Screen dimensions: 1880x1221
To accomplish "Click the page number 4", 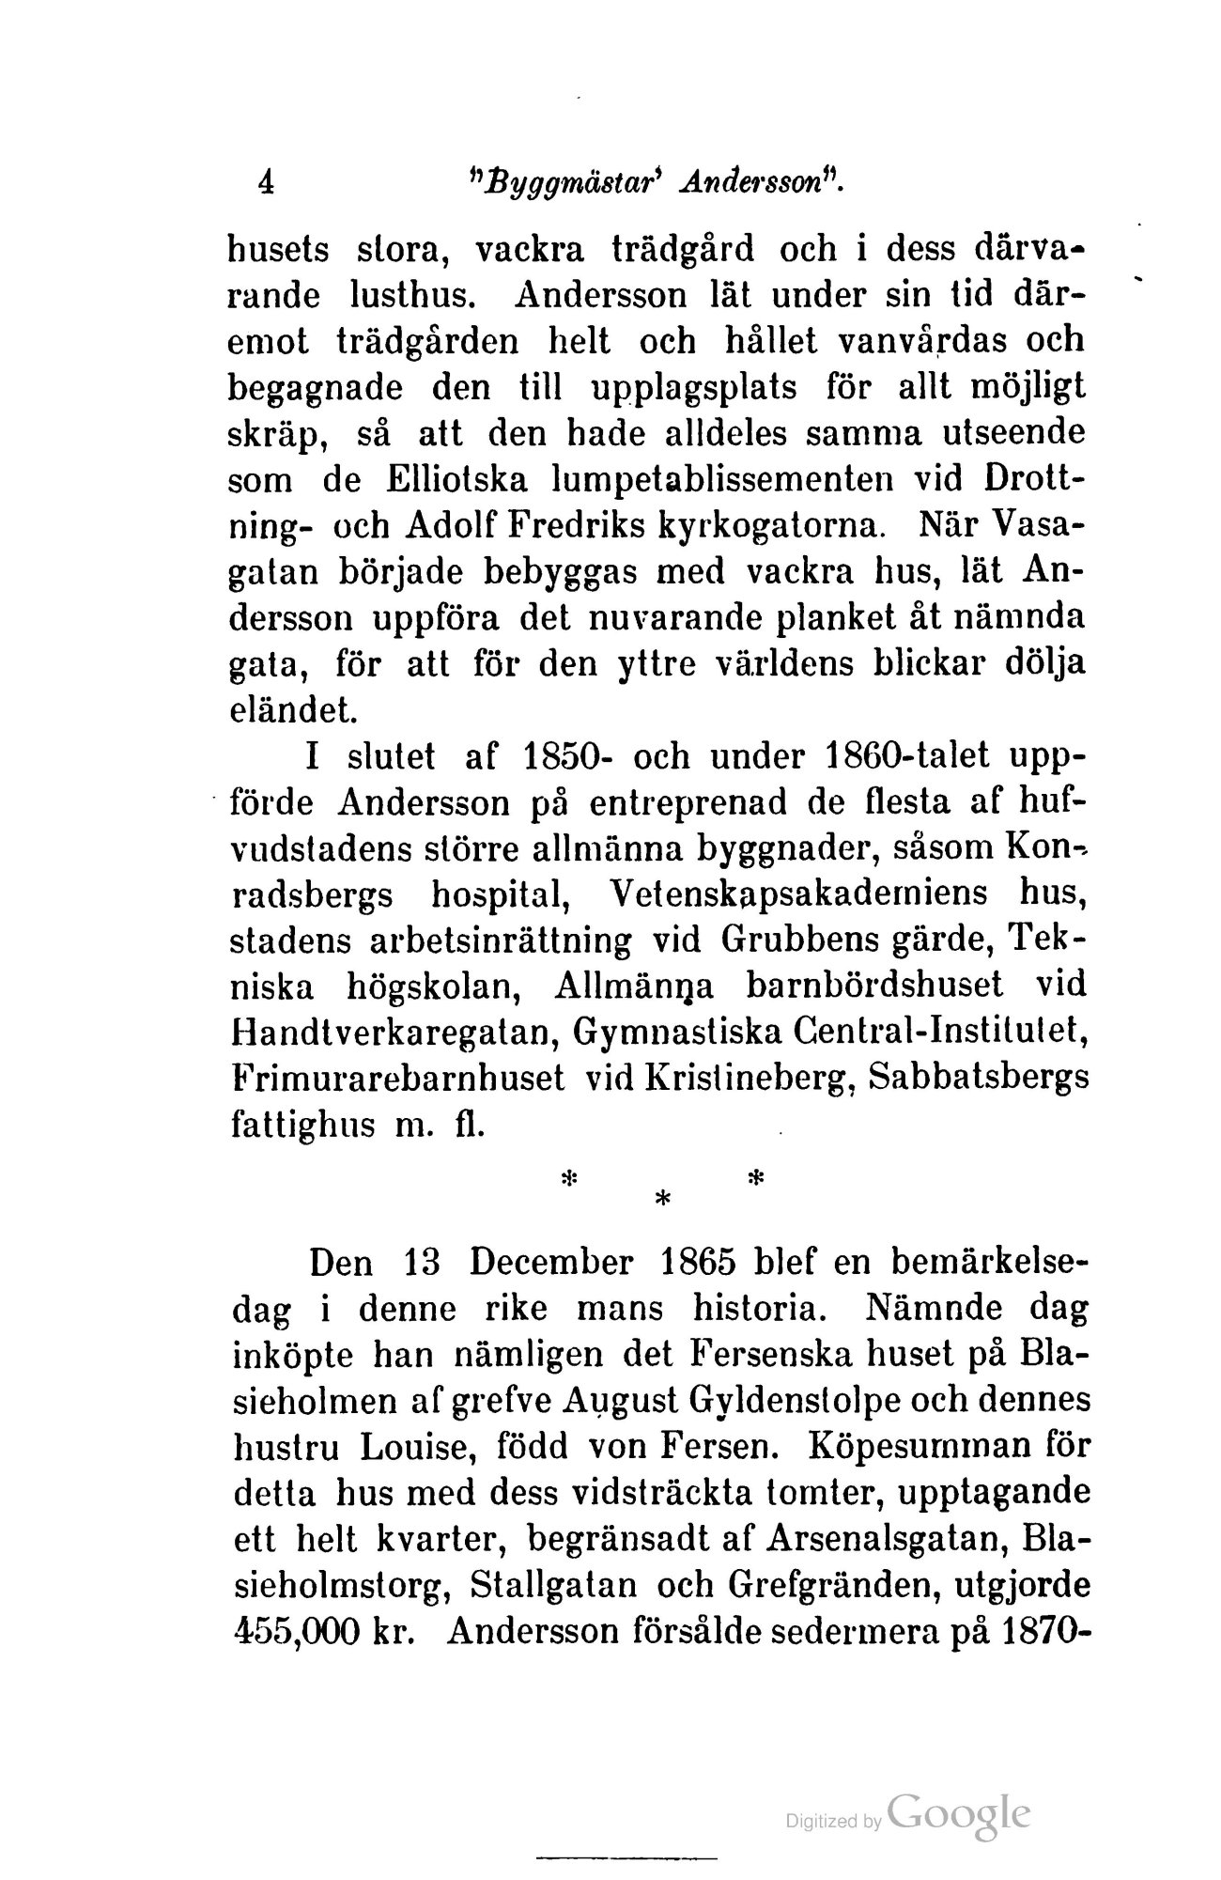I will pyautogui.click(x=267, y=180).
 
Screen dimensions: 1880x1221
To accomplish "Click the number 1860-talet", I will pyautogui.click(x=897, y=757).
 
